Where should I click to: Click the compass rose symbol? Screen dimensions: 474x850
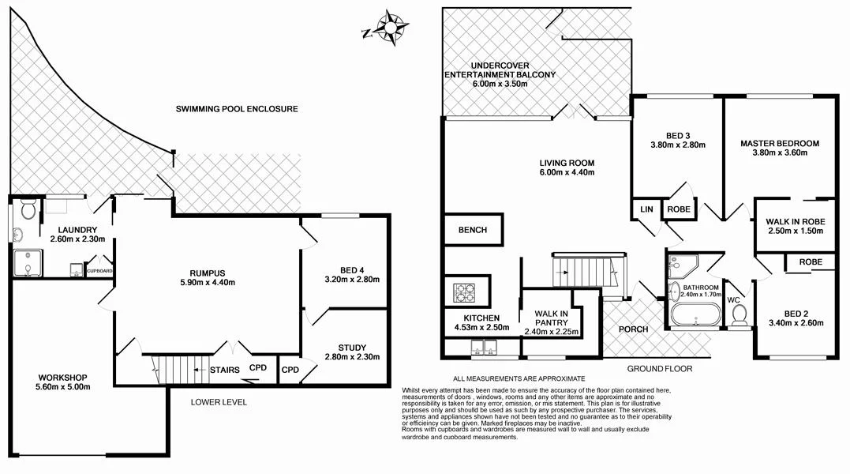pyautogui.click(x=389, y=26)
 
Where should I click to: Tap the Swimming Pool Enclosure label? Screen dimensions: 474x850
pyautogui.click(x=237, y=108)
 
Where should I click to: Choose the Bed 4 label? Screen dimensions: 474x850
pyautogui.click(x=353, y=273)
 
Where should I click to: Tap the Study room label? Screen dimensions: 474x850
pyautogui.click(x=352, y=352)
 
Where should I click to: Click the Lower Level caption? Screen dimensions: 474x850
pyautogui.click(x=219, y=402)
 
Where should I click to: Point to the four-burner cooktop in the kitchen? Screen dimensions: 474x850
pyautogui.click(x=466, y=293)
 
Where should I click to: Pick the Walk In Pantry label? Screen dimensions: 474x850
pyautogui.click(x=552, y=322)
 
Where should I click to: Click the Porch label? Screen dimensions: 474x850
pyautogui.click(x=633, y=329)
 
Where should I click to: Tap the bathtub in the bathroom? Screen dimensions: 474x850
pyautogui.click(x=694, y=317)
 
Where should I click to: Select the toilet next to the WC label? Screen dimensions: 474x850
pyautogui.click(x=740, y=315)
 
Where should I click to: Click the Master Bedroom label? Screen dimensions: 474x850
pyautogui.click(x=779, y=149)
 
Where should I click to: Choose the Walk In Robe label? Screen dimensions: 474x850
pyautogui.click(x=795, y=226)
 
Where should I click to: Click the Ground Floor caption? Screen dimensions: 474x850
pyautogui.click(x=659, y=369)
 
